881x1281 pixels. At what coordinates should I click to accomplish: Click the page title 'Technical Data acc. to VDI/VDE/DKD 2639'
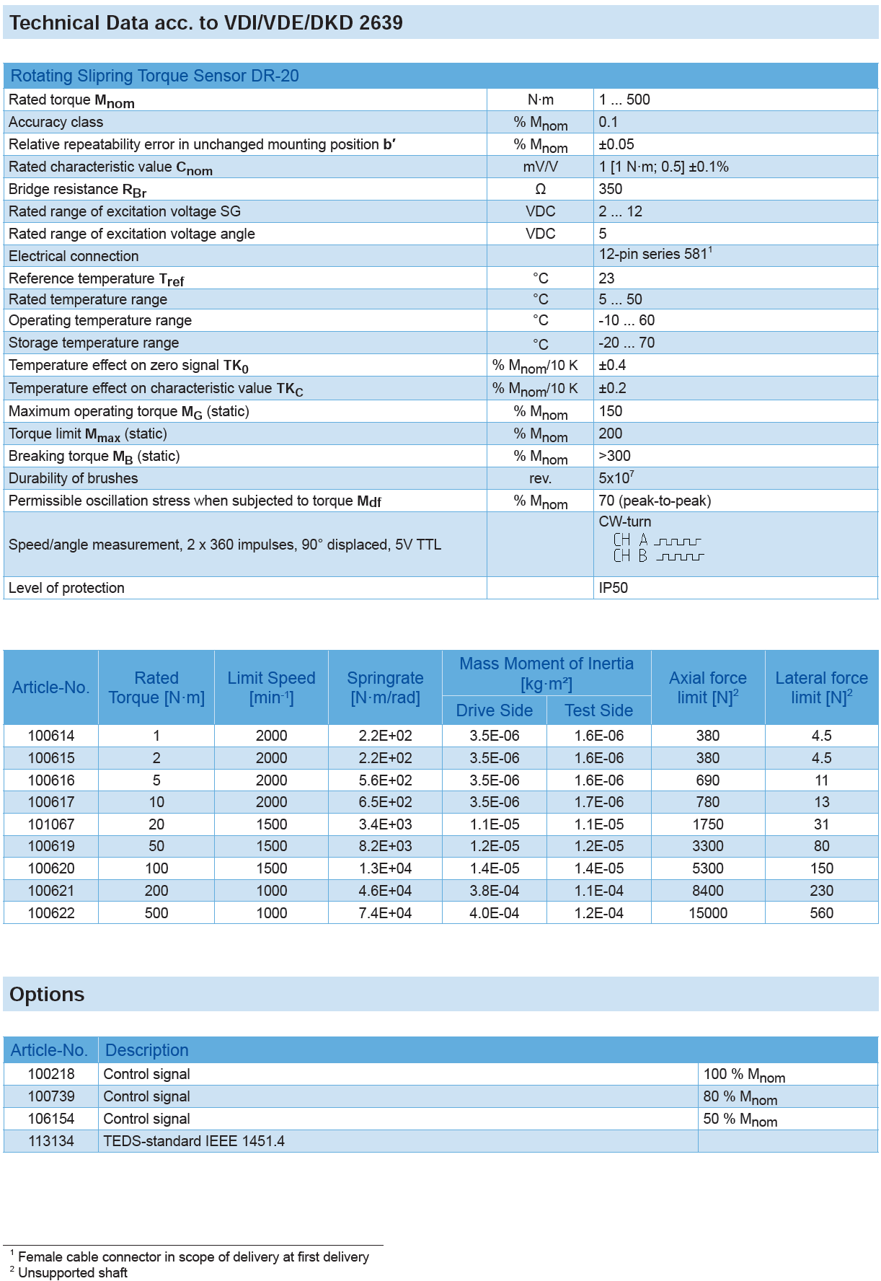[205, 23]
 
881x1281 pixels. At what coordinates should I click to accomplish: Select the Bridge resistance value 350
[611, 189]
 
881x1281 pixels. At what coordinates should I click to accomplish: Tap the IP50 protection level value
[614, 588]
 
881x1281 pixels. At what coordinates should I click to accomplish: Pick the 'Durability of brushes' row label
[73, 478]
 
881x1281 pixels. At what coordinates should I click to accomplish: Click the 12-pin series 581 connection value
[655, 255]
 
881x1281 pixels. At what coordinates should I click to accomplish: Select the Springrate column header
[385, 687]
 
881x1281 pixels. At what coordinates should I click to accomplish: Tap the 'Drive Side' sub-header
[495, 710]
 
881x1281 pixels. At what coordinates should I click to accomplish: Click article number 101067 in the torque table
[51, 824]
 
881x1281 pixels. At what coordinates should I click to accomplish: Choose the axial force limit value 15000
[708, 913]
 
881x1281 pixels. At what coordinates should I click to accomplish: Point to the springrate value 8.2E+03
[385, 846]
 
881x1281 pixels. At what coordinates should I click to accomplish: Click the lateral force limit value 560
[821, 913]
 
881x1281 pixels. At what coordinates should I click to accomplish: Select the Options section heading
[47, 995]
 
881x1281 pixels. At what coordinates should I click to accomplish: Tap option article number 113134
[51, 1141]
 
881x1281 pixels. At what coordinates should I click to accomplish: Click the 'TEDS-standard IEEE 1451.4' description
[194, 1141]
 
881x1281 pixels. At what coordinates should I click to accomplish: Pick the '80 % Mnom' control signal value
[740, 1097]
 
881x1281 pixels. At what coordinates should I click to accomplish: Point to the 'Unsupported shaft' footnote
[72, 1272]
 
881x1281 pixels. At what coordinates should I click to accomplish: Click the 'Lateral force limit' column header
[821, 687]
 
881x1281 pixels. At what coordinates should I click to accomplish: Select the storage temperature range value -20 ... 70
[627, 343]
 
